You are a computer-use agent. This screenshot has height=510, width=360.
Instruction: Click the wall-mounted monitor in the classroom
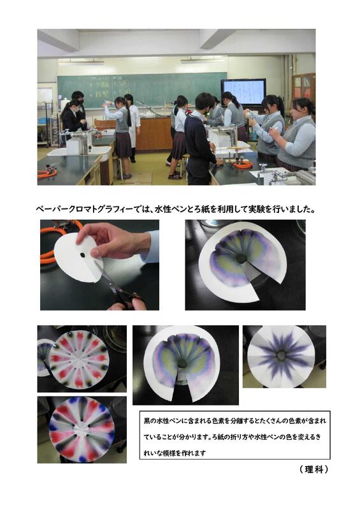click(x=243, y=91)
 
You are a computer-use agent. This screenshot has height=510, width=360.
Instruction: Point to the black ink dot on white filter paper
click(x=83, y=256)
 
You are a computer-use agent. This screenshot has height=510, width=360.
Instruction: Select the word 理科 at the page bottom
click(x=314, y=469)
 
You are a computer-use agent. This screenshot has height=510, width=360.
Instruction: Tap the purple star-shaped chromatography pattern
click(x=281, y=357)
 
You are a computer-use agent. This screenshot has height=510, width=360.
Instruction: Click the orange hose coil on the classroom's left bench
click(x=47, y=173)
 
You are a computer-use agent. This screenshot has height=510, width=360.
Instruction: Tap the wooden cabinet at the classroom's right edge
click(x=303, y=88)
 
